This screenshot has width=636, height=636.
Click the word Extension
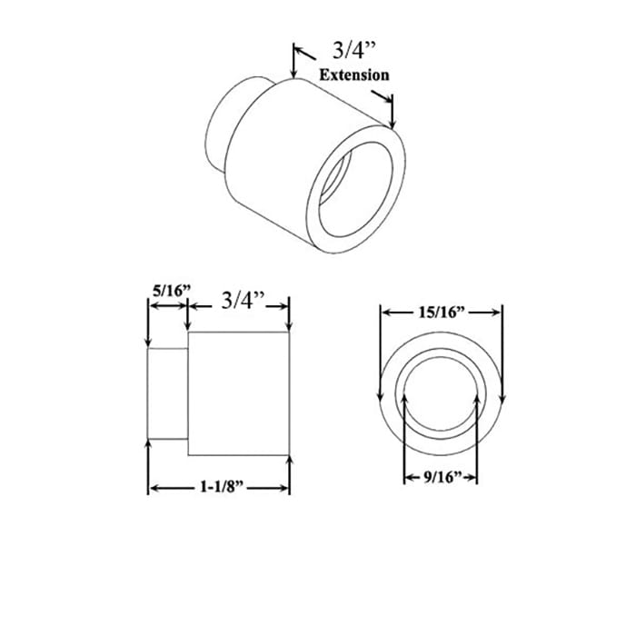coord(353,75)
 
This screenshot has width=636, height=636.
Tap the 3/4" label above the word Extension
coord(346,52)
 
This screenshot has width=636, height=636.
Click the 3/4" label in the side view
coord(241,301)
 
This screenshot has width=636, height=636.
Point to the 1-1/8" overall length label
coord(219,488)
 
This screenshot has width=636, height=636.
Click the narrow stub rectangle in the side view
coord(168,395)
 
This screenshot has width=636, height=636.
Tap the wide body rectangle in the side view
coord(238,394)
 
